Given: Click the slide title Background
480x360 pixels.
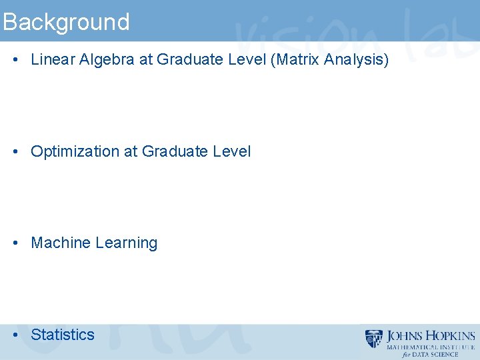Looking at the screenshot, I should [x=65, y=22].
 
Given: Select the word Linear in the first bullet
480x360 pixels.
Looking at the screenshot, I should [x=53, y=60].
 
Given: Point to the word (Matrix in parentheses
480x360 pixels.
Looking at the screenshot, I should [x=294, y=60].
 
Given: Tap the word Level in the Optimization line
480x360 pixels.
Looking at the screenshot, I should [x=232, y=151].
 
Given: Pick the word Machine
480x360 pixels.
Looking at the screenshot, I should [x=61, y=243].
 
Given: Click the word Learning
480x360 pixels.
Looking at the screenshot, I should [x=127, y=243].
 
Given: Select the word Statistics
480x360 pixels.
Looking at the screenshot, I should [x=63, y=335].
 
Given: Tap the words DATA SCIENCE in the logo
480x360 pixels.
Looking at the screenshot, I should [x=436, y=355].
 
